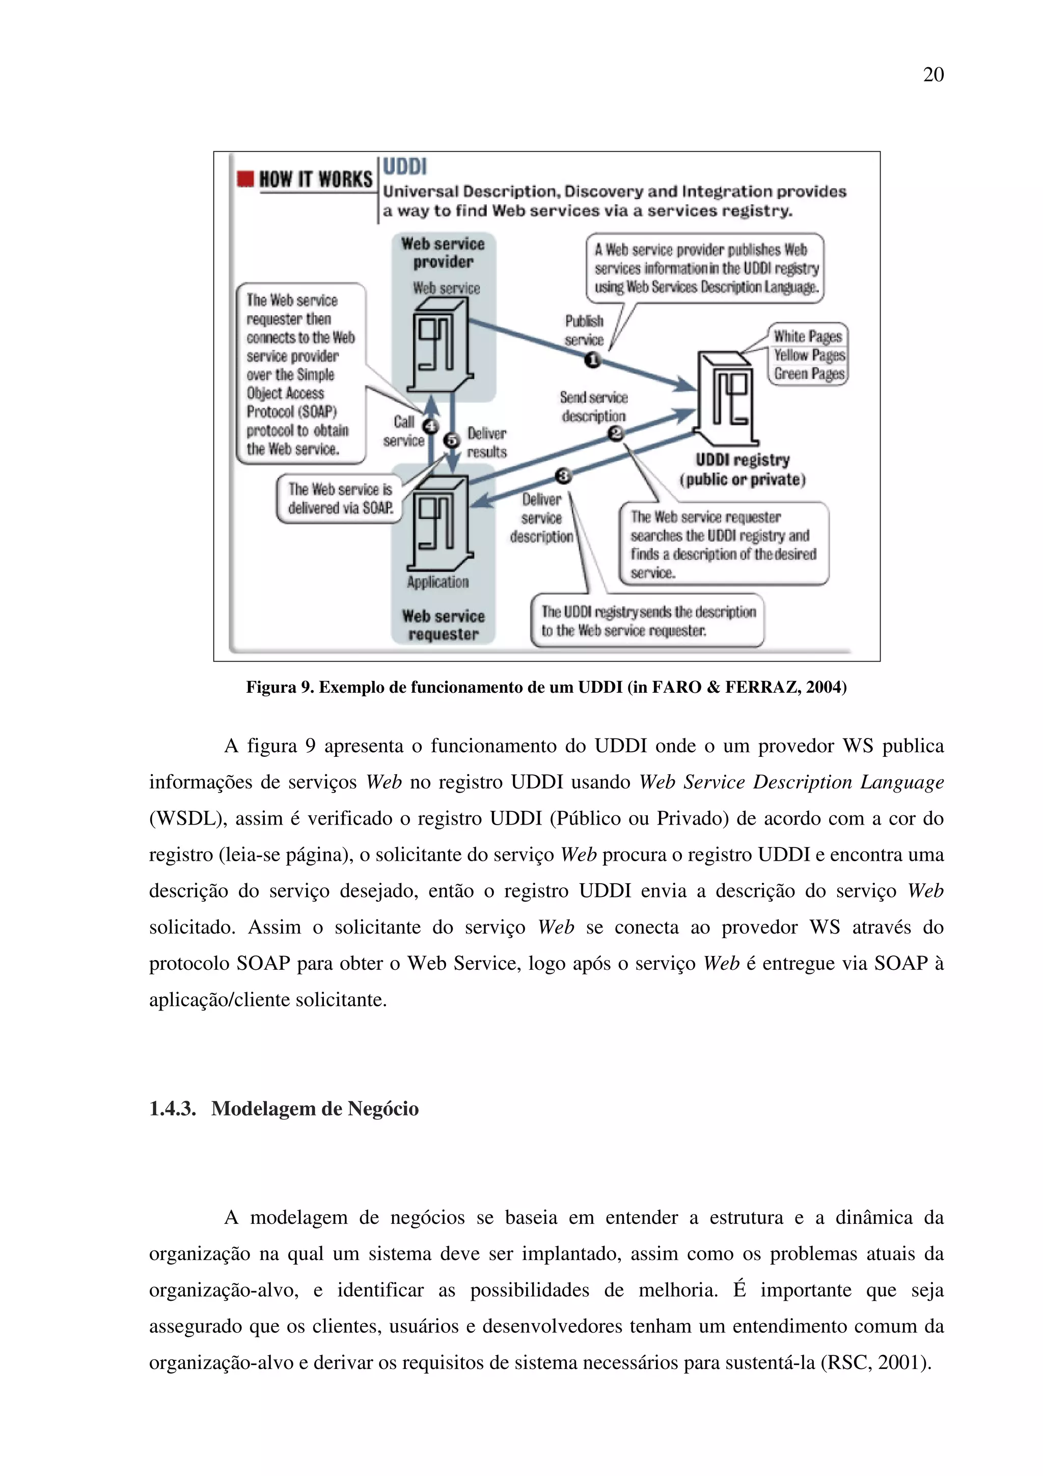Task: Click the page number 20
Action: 933,75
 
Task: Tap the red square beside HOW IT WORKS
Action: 245,179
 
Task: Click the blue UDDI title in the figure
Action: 404,167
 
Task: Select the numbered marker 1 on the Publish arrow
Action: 592,360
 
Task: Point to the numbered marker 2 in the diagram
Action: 616,434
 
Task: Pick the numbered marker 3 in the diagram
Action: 564,476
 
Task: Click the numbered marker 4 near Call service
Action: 430,426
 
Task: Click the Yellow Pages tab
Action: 808,355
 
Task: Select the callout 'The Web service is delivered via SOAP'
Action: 339,499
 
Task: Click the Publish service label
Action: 584,330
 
